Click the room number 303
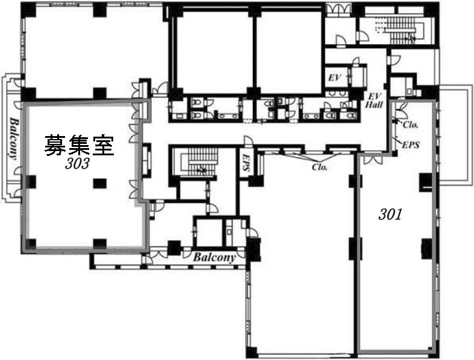point(77,164)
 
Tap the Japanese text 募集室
point(80,146)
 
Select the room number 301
point(390,214)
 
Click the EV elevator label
point(335,78)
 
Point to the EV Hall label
point(374,101)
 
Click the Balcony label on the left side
point(13,138)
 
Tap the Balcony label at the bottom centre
point(214,257)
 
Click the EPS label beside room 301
point(411,144)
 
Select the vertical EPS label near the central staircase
point(246,163)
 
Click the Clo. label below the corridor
point(320,167)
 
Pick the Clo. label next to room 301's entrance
point(411,124)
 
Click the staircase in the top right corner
point(400,30)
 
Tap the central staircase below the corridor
point(196,162)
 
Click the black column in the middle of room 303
point(99,183)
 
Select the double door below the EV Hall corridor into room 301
point(373,160)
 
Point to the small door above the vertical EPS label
point(248,141)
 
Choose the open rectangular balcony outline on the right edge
point(456,134)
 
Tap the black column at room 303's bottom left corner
point(31,244)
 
